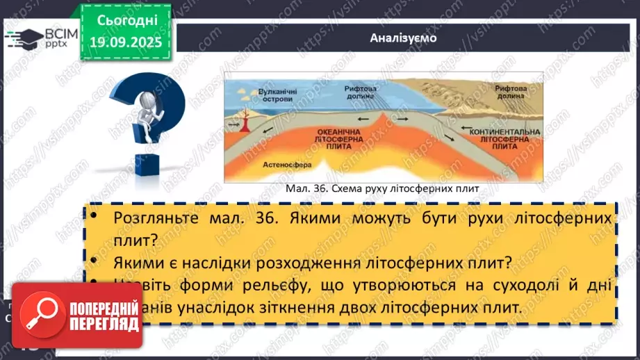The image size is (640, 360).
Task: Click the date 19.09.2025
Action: tap(124, 43)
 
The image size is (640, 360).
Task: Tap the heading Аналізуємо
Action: tap(403, 38)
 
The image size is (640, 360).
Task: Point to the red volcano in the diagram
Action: tap(247, 124)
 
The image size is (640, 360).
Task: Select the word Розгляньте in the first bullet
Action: tap(148, 218)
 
